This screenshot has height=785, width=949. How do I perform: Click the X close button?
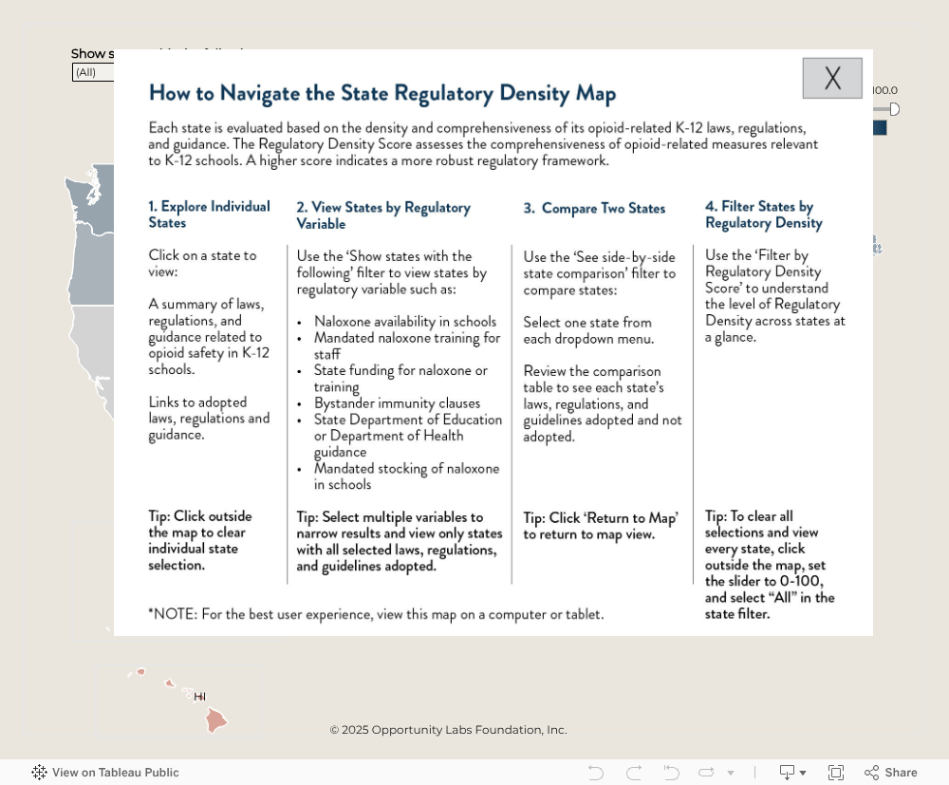(x=832, y=78)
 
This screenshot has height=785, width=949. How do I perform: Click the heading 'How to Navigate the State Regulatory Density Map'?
(x=382, y=93)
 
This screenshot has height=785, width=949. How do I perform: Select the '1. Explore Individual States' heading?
(x=209, y=215)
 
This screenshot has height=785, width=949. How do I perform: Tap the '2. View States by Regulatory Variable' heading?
(x=383, y=215)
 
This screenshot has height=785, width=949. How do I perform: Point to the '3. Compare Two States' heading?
(x=594, y=208)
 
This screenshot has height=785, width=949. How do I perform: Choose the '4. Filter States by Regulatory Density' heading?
(x=763, y=215)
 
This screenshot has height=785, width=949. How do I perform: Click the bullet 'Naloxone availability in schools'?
(x=405, y=321)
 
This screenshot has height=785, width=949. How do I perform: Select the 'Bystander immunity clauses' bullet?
(x=397, y=402)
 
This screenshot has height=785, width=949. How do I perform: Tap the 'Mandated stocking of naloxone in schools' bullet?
(x=406, y=476)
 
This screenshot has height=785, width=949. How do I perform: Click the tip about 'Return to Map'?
(x=601, y=526)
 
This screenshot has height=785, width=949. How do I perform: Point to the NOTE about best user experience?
(x=376, y=614)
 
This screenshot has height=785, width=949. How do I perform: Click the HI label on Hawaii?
(x=199, y=697)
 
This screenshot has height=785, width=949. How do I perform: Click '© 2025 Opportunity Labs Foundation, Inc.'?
(x=448, y=730)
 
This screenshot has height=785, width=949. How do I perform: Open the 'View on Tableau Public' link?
(x=105, y=773)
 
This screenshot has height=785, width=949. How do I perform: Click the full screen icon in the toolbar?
(x=836, y=773)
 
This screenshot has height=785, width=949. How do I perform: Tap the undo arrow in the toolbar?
(x=596, y=773)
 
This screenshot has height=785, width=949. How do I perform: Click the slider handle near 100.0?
(x=894, y=109)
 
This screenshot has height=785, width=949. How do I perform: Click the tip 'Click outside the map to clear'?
(x=200, y=540)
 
